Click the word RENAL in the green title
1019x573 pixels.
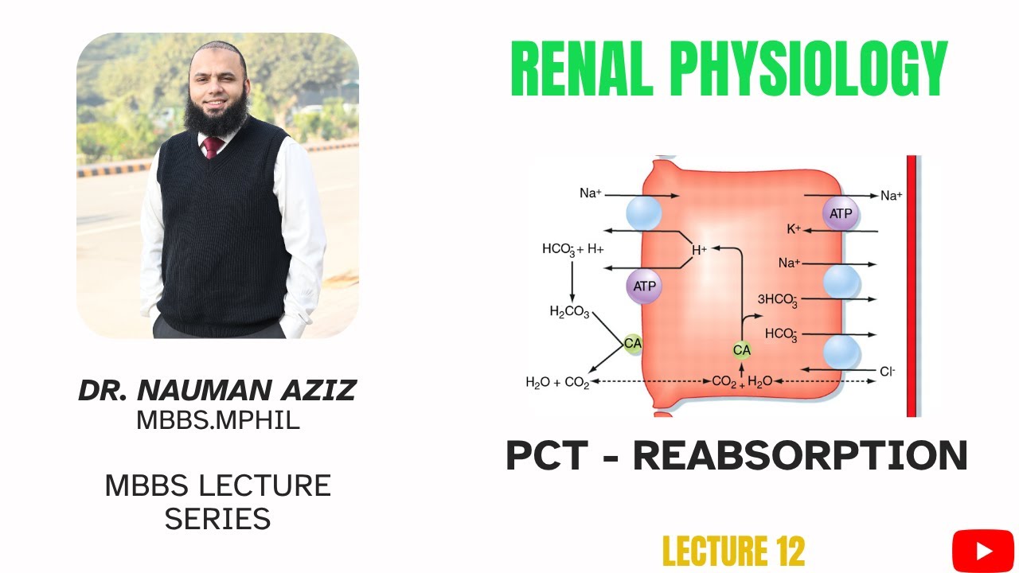pyautogui.click(x=582, y=69)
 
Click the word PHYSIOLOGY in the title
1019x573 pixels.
pyautogui.click(x=808, y=69)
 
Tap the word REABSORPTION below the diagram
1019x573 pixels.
pyautogui.click(x=800, y=455)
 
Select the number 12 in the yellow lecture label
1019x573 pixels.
pyautogui.click(x=786, y=552)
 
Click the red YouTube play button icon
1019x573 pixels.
pyautogui.click(x=983, y=551)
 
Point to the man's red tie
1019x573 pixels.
pyautogui.click(x=213, y=146)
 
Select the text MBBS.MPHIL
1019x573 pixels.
pyautogui.click(x=217, y=419)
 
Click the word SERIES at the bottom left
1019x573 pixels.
pyautogui.click(x=217, y=519)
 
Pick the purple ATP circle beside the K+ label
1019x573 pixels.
pyautogui.click(x=841, y=214)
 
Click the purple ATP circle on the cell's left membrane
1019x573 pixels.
pyautogui.click(x=644, y=285)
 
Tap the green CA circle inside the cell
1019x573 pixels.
pyautogui.click(x=741, y=349)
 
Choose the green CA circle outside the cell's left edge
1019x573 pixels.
pyautogui.click(x=632, y=344)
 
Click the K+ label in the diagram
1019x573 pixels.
pyautogui.click(x=794, y=230)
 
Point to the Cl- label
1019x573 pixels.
pyautogui.click(x=888, y=371)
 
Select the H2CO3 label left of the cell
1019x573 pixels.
pyautogui.click(x=569, y=312)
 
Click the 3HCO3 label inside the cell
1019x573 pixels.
pyautogui.click(x=778, y=300)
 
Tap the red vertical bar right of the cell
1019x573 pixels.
pyautogui.click(x=912, y=286)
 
